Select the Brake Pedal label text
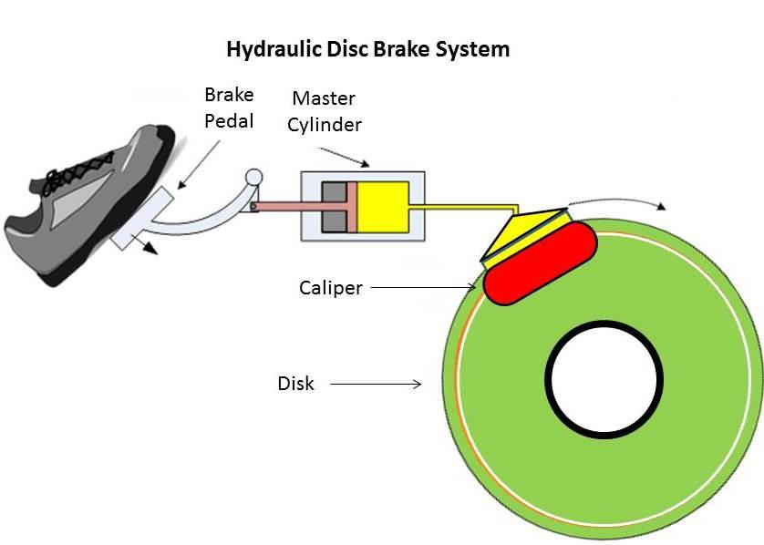(229, 108)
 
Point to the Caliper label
(331, 288)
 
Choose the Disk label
(295, 384)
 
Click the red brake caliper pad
(540, 264)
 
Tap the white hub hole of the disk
(604, 378)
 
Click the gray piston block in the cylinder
(334, 206)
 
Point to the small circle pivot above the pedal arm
(254, 177)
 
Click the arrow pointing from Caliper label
(423, 288)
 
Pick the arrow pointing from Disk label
(376, 385)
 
